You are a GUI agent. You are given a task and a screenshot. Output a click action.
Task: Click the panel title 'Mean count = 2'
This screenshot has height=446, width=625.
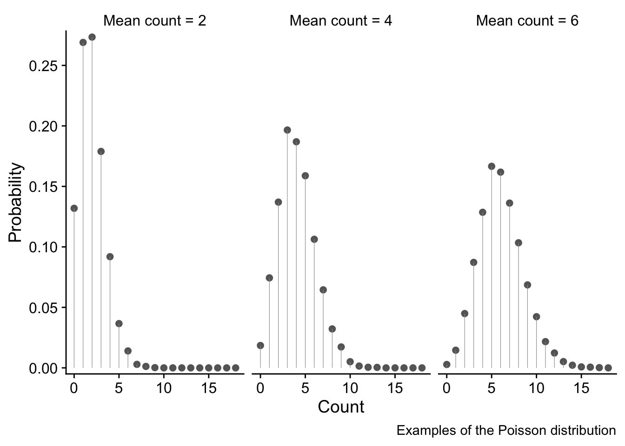point(154,21)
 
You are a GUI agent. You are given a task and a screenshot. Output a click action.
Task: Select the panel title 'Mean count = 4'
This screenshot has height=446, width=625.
point(341,21)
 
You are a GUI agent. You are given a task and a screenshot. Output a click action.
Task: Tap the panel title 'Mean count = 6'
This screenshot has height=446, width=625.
point(527,21)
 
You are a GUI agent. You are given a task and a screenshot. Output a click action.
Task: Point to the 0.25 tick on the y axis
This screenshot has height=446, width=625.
point(44,66)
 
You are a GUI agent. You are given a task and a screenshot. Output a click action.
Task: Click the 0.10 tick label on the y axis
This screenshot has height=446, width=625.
point(44,247)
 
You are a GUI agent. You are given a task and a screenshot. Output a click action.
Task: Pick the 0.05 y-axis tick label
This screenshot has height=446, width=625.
point(44,308)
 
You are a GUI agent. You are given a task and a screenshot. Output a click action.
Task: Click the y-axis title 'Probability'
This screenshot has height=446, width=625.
point(16,202)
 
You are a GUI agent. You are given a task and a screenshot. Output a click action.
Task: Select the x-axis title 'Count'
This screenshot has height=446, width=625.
point(341,407)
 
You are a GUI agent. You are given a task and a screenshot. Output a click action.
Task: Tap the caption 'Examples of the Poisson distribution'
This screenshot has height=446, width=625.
point(506,431)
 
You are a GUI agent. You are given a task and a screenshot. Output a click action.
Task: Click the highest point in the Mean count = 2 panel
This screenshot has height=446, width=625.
point(92,37)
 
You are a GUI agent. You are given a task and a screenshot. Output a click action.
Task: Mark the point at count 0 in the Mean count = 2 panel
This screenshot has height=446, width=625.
point(74,208)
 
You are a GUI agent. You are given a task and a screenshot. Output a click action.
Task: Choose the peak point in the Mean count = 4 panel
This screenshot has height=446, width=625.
point(287,130)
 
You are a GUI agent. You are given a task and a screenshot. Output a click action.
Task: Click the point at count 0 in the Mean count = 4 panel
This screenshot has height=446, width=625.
point(260,345)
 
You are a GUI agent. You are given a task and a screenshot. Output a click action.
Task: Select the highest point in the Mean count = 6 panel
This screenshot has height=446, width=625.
point(492,166)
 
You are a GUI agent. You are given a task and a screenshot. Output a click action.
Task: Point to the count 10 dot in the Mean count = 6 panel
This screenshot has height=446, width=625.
point(536,317)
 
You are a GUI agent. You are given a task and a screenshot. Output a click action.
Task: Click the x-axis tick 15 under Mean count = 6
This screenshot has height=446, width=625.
point(581,388)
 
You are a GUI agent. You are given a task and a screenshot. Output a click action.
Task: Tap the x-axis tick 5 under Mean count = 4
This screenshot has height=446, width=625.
point(305,388)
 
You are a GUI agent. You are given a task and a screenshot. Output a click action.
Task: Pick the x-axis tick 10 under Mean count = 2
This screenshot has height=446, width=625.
point(164,388)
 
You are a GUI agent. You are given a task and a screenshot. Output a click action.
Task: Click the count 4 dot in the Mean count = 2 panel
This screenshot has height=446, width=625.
point(110,256)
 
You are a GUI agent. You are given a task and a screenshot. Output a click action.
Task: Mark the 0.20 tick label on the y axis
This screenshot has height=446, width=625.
point(44,126)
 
